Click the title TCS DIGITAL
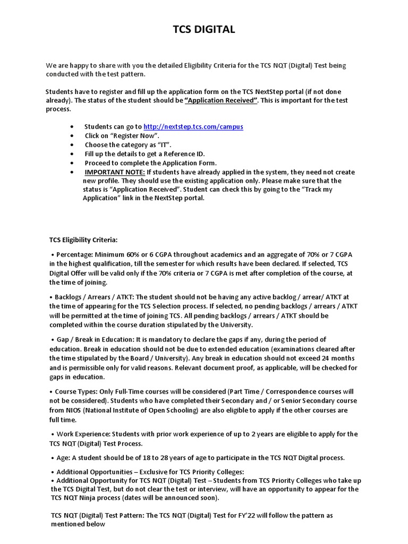pos(204,30)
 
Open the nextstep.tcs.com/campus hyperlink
pos(193,127)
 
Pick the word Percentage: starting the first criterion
pos(74,254)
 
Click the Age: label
pos(63,457)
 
